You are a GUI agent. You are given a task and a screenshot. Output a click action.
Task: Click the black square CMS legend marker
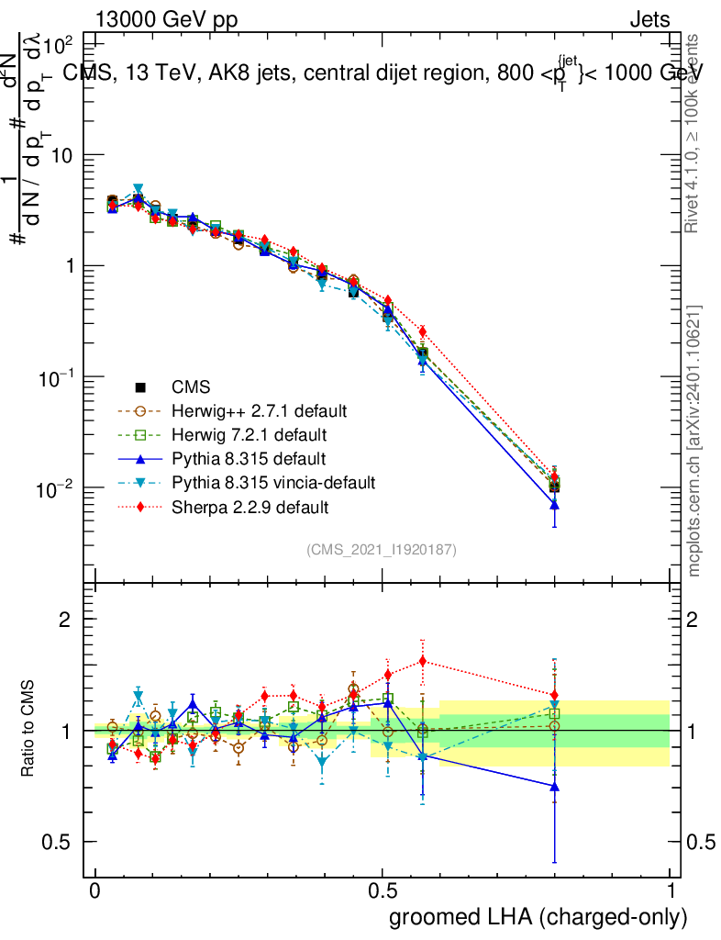pyautogui.click(x=139, y=386)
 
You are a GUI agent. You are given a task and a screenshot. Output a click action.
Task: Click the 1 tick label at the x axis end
pyautogui.click(x=671, y=891)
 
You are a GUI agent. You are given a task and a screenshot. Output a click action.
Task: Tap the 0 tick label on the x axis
pyautogui.click(x=95, y=891)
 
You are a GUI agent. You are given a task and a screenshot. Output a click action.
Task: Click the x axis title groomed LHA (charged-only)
pyautogui.click(x=539, y=917)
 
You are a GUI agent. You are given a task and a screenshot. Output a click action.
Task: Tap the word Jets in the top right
pyautogui.click(x=649, y=20)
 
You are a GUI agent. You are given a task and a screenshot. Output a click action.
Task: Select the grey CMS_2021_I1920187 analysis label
pyautogui.click(x=382, y=549)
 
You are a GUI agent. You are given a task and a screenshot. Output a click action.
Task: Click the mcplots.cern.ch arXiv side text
pyautogui.click(x=694, y=441)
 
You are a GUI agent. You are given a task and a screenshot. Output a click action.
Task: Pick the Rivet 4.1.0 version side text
pyautogui.click(x=694, y=133)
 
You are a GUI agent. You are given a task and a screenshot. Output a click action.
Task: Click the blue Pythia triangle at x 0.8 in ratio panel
pyautogui.click(x=554, y=787)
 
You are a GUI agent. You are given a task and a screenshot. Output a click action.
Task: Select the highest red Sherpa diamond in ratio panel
pyautogui.click(x=423, y=661)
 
